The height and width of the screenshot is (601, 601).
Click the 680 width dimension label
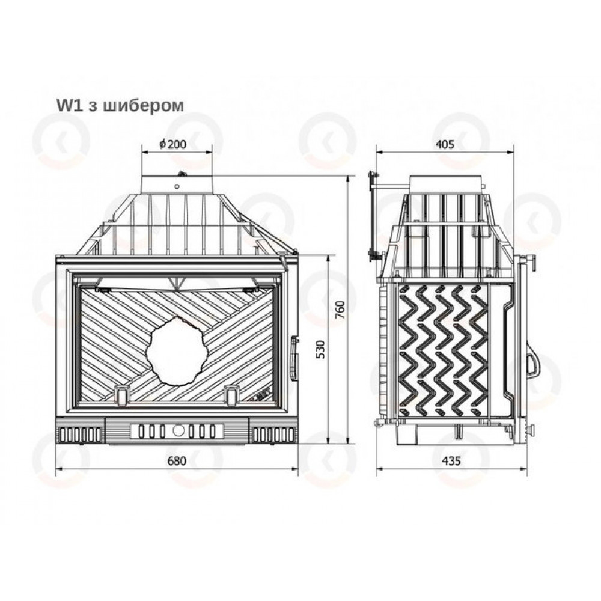pos(177,461)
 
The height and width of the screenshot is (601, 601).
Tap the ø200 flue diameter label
pos(173,144)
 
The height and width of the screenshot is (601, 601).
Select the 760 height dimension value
pos(340,310)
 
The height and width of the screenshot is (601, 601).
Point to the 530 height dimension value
pos(320,349)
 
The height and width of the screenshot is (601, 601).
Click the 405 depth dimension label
pos(445,144)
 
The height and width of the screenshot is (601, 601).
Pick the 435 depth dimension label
pos(451,461)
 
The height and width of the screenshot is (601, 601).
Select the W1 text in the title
pos(70,105)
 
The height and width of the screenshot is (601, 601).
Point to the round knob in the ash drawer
pos(178,431)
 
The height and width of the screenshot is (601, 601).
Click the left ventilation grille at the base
pos(80,435)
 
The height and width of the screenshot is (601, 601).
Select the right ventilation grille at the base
pos(273,435)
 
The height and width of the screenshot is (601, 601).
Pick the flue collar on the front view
pos(177,185)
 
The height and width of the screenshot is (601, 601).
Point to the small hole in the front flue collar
pos(177,187)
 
